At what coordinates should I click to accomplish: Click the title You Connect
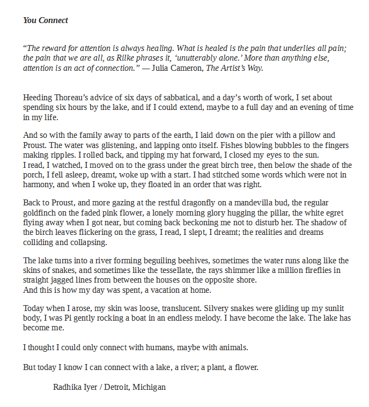point(46,20)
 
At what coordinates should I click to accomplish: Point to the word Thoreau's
point(73,98)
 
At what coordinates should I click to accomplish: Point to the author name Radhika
point(68,387)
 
